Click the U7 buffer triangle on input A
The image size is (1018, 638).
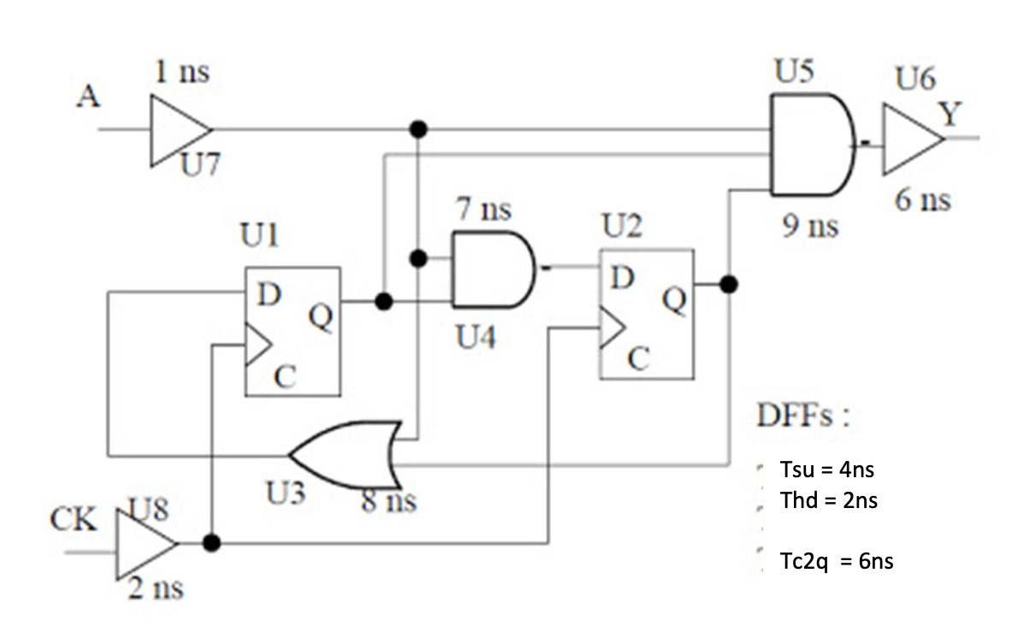(177, 130)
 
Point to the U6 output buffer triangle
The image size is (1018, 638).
(910, 139)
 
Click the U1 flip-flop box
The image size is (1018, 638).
(293, 332)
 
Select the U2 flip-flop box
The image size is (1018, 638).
(646, 314)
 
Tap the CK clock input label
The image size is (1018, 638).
(73, 519)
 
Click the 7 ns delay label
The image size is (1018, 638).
(484, 210)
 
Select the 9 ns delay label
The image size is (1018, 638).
(809, 227)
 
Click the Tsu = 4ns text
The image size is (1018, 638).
(828, 470)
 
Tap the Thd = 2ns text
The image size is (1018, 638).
(828, 500)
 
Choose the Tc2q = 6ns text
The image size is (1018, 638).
(837, 561)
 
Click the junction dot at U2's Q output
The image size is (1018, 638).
(728, 284)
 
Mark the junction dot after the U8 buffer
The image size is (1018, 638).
(212, 543)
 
